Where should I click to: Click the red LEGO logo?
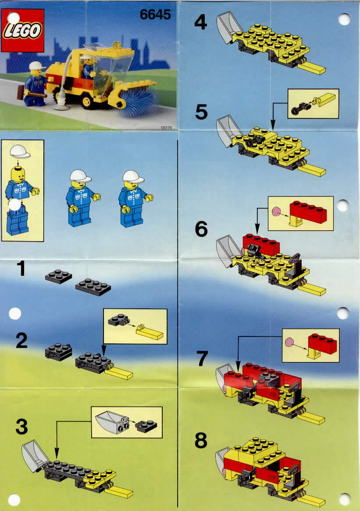[22, 30]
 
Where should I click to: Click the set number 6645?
[155, 14]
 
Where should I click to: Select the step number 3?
[22, 427]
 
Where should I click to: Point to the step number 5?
[201, 112]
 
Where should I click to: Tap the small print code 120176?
[166, 128]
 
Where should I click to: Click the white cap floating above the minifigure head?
[20, 151]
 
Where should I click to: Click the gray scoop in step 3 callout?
[110, 422]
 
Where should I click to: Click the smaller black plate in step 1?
[59, 276]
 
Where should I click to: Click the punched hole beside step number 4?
[344, 20]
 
